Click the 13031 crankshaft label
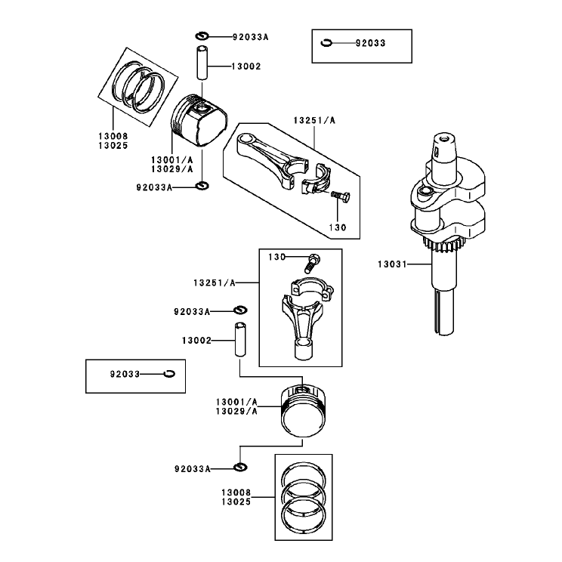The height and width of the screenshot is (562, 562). pyautogui.click(x=392, y=264)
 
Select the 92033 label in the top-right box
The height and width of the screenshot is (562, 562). pyautogui.click(x=370, y=43)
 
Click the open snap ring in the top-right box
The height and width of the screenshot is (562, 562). pyautogui.click(x=326, y=43)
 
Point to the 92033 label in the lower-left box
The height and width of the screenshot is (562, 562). pyautogui.click(x=125, y=374)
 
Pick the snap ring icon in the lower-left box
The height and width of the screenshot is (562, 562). pyautogui.click(x=168, y=374)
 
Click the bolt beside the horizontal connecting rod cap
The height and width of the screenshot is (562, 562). pyautogui.click(x=340, y=196)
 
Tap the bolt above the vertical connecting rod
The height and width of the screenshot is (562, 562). pyautogui.click(x=313, y=263)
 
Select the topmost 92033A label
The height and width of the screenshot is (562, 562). pyautogui.click(x=250, y=37)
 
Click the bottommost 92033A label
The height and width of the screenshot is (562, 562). pyautogui.click(x=192, y=469)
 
